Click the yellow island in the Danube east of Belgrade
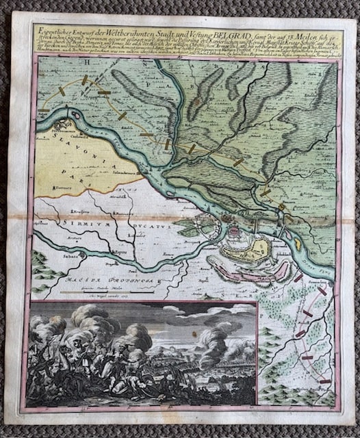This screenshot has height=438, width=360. click(x=298, y=241)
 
